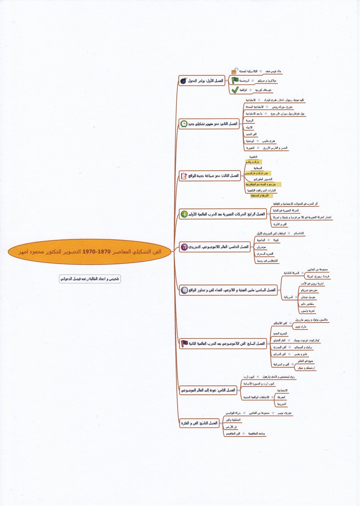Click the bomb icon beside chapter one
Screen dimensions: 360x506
point(183,81)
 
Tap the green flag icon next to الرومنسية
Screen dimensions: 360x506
point(235,80)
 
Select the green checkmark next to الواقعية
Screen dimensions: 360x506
point(235,90)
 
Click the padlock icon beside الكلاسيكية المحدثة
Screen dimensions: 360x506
point(234,71)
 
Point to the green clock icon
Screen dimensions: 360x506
point(184,124)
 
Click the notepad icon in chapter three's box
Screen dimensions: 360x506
point(184,176)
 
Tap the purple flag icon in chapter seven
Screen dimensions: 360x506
point(184,343)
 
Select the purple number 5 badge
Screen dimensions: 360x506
point(184,247)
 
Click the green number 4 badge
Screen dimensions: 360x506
point(184,214)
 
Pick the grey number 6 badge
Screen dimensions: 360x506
point(184,290)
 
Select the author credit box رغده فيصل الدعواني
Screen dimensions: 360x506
point(90,279)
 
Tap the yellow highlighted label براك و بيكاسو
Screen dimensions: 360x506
point(254,162)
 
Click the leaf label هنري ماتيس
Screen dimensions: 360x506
point(269,141)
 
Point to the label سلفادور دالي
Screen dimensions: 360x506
point(307,304)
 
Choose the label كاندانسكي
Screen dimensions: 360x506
point(299,233)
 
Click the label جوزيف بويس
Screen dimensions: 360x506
point(285,413)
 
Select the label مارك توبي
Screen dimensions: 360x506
point(301,327)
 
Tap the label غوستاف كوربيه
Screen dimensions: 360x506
point(263,90)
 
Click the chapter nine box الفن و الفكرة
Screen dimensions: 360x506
point(199,423)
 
